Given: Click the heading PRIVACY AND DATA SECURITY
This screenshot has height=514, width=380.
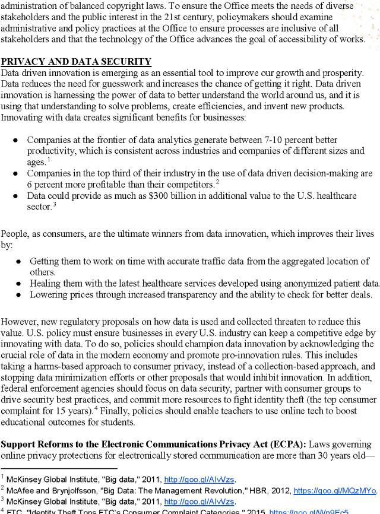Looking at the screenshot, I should click(76, 62).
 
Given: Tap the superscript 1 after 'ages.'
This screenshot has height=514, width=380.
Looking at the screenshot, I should click(49, 159).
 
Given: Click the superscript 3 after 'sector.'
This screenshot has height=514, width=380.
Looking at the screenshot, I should click(55, 204).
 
